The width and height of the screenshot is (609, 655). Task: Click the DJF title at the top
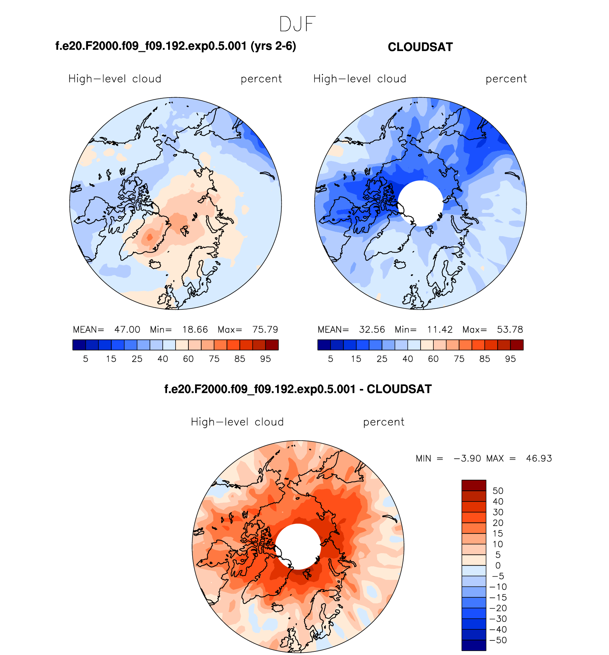pos(297,24)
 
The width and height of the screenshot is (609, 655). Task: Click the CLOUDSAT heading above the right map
pos(420,47)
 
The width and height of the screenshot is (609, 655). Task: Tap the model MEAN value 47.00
pos(127,329)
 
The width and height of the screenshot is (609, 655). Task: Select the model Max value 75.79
pos(265,329)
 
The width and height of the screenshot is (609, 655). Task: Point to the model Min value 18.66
pos(195,329)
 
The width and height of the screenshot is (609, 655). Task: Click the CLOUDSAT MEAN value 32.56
pos(372,329)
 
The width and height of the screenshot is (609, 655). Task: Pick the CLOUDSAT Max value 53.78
pos(510,329)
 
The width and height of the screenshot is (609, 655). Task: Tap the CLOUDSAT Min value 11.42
pos(440,329)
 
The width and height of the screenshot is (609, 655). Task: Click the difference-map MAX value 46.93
pos(539,458)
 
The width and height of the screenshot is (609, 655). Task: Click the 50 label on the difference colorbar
pos(498,491)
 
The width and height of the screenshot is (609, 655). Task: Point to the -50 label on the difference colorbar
pos(498,640)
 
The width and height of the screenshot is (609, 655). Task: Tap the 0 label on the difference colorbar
pos(498,566)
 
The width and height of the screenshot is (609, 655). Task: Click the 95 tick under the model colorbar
pos(265,359)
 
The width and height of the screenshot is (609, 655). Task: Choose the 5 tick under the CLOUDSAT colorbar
pos(330,359)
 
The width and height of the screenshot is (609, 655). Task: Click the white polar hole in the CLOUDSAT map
pos(421,203)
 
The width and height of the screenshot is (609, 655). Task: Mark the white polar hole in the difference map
pos(298,546)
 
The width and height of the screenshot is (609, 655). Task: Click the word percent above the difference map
pos(384,422)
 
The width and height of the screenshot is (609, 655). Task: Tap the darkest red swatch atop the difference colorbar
pos(474,485)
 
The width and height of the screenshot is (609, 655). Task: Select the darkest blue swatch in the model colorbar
pos(79,345)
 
